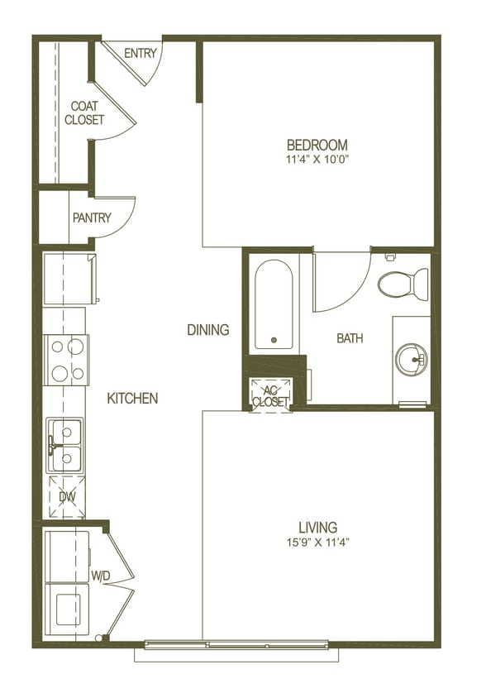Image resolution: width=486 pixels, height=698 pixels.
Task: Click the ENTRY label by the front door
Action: [x=141, y=54]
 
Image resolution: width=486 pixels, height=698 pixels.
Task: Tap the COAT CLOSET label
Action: [x=84, y=113]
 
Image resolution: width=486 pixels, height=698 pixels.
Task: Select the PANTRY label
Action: [x=92, y=218]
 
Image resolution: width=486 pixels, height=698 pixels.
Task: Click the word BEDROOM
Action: [x=317, y=145]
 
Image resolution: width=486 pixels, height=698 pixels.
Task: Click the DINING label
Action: [x=207, y=330]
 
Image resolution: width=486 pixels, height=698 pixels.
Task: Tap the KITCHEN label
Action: [x=132, y=399]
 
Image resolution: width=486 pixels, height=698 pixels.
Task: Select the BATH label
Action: [x=350, y=338]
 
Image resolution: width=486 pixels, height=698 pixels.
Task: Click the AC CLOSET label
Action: [x=270, y=396]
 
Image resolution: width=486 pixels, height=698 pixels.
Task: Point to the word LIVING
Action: [x=317, y=528]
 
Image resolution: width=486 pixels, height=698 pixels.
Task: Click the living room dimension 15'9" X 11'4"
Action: [x=317, y=543]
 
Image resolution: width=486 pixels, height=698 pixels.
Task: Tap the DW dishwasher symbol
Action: [x=67, y=497]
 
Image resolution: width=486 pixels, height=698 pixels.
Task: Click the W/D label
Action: [x=101, y=576]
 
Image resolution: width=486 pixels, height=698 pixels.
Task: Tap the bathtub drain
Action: [x=274, y=340]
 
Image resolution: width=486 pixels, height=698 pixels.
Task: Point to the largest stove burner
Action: [x=74, y=347]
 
